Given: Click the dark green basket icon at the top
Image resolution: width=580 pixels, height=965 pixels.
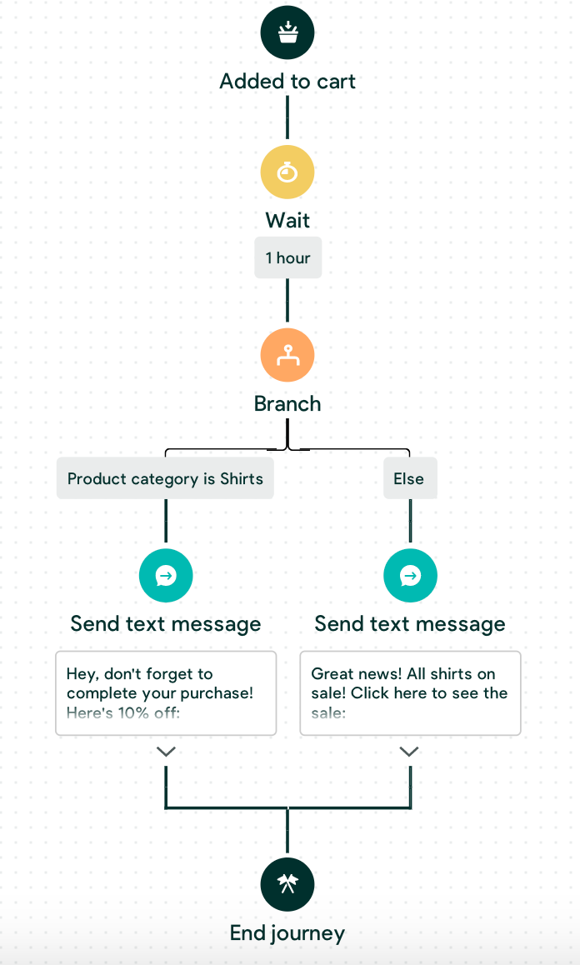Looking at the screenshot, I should pyautogui.click(x=287, y=33).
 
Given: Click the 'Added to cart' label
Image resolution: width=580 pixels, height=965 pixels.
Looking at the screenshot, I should pyautogui.click(x=287, y=82).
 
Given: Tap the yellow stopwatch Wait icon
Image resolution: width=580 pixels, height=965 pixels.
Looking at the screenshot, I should pyautogui.click(x=287, y=172).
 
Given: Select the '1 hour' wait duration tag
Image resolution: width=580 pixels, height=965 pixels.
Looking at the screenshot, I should pyautogui.click(x=287, y=258).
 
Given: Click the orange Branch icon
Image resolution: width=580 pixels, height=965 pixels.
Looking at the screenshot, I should pyautogui.click(x=287, y=355).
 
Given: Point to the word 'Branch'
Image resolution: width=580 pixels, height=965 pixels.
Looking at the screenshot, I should pyautogui.click(x=287, y=404).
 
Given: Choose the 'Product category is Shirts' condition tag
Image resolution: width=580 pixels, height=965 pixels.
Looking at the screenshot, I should pyautogui.click(x=165, y=479).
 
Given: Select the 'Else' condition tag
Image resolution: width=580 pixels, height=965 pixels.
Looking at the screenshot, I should pyautogui.click(x=409, y=479).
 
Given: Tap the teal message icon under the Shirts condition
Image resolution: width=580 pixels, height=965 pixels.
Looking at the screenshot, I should pyautogui.click(x=166, y=575).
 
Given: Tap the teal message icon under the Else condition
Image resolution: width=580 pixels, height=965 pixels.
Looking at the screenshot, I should pyautogui.click(x=410, y=575).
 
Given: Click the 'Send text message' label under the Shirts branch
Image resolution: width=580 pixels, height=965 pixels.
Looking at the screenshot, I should pyautogui.click(x=166, y=624).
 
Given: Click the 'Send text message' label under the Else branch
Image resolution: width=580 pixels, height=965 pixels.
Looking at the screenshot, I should pyautogui.click(x=410, y=624).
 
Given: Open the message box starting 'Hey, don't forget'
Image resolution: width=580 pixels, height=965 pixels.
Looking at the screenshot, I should pyautogui.click(x=166, y=693).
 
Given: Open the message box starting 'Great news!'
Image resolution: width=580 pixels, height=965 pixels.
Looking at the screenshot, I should pyautogui.click(x=410, y=693).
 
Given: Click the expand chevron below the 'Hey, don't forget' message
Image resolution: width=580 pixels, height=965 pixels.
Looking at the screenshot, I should pyautogui.click(x=166, y=752).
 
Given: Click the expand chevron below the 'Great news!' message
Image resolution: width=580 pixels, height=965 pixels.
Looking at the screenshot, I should pyautogui.click(x=409, y=752).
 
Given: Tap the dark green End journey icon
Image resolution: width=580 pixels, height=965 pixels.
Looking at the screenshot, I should pyautogui.click(x=287, y=884).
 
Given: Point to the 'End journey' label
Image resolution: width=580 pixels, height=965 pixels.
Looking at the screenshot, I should pyautogui.click(x=287, y=933).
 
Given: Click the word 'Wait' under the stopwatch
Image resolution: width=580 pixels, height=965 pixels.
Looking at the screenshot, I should pyautogui.click(x=287, y=221).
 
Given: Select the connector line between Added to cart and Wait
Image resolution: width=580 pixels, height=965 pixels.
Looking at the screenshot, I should pyautogui.click(x=287, y=117).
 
